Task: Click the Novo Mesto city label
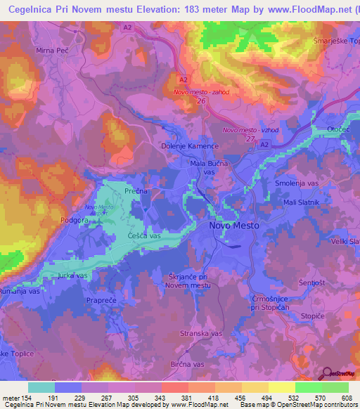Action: click(x=234, y=226)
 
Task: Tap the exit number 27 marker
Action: click(x=249, y=138)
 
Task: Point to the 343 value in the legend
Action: click(x=148, y=398)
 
